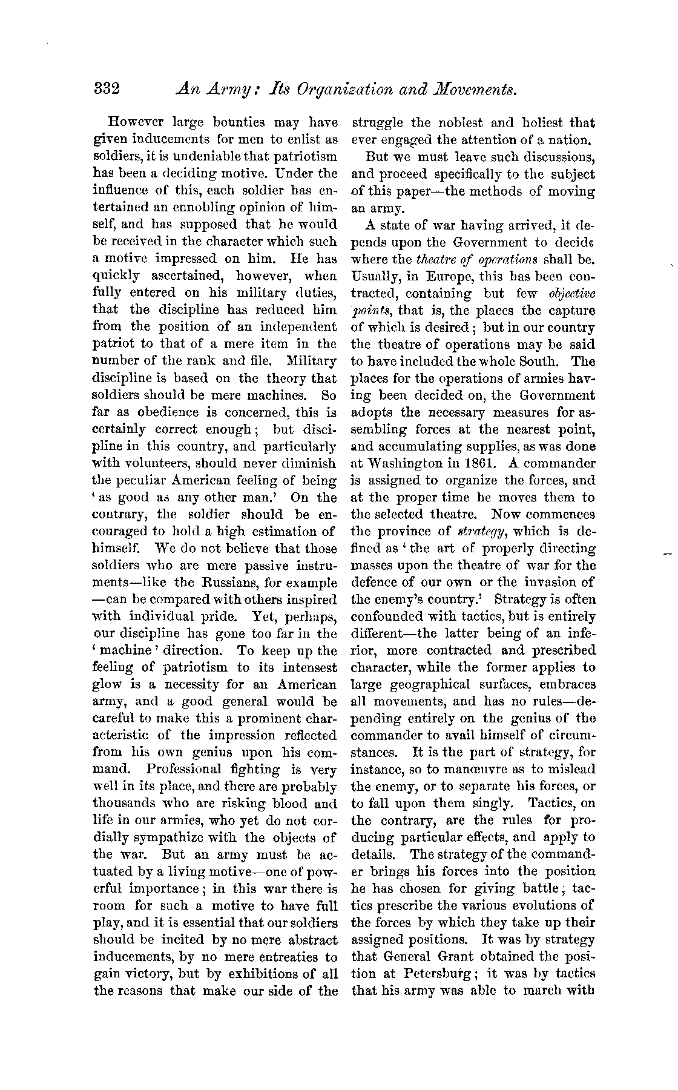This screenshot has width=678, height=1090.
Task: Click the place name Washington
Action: coord(407,463)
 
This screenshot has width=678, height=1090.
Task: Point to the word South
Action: coord(542,362)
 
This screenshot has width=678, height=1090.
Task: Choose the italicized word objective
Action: coord(571,294)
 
